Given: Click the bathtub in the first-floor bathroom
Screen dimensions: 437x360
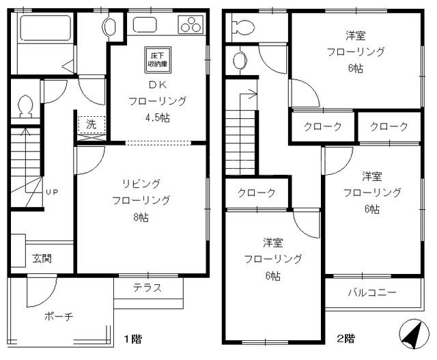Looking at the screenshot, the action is coord(46,28).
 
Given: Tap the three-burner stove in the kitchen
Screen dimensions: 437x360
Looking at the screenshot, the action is coord(191,25).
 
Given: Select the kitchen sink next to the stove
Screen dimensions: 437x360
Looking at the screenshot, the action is coord(145,25).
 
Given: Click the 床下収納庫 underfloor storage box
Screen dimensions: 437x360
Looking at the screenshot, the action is coord(158,59).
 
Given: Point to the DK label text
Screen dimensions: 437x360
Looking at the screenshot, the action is coord(158,85).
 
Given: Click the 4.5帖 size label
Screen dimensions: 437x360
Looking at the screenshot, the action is coord(158,117).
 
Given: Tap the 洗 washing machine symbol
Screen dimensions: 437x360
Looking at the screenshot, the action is coord(91,124).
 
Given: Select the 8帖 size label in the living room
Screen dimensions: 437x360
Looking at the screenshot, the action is coord(141,217).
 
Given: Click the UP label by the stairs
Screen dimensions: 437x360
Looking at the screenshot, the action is coord(52,192).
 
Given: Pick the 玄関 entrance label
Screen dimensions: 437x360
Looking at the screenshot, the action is coord(42,258).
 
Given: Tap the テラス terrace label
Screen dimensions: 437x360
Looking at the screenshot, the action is coord(147,288).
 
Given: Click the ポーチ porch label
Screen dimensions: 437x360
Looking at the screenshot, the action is coord(59,316).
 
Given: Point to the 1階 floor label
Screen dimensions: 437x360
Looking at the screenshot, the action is coord(133,339).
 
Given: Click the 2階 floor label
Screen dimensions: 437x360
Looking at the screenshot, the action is coord(346,339).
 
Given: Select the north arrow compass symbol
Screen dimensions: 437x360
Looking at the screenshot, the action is coord(414,334).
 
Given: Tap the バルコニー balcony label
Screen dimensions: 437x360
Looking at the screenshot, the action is coord(372,292).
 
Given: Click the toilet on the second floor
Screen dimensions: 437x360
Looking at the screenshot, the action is coord(243,27).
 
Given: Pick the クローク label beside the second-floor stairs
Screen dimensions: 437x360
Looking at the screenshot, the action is coord(257,193).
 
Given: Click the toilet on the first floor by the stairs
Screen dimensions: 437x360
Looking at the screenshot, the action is coord(26,107).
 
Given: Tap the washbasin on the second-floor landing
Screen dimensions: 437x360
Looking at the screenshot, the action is coord(240,61).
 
